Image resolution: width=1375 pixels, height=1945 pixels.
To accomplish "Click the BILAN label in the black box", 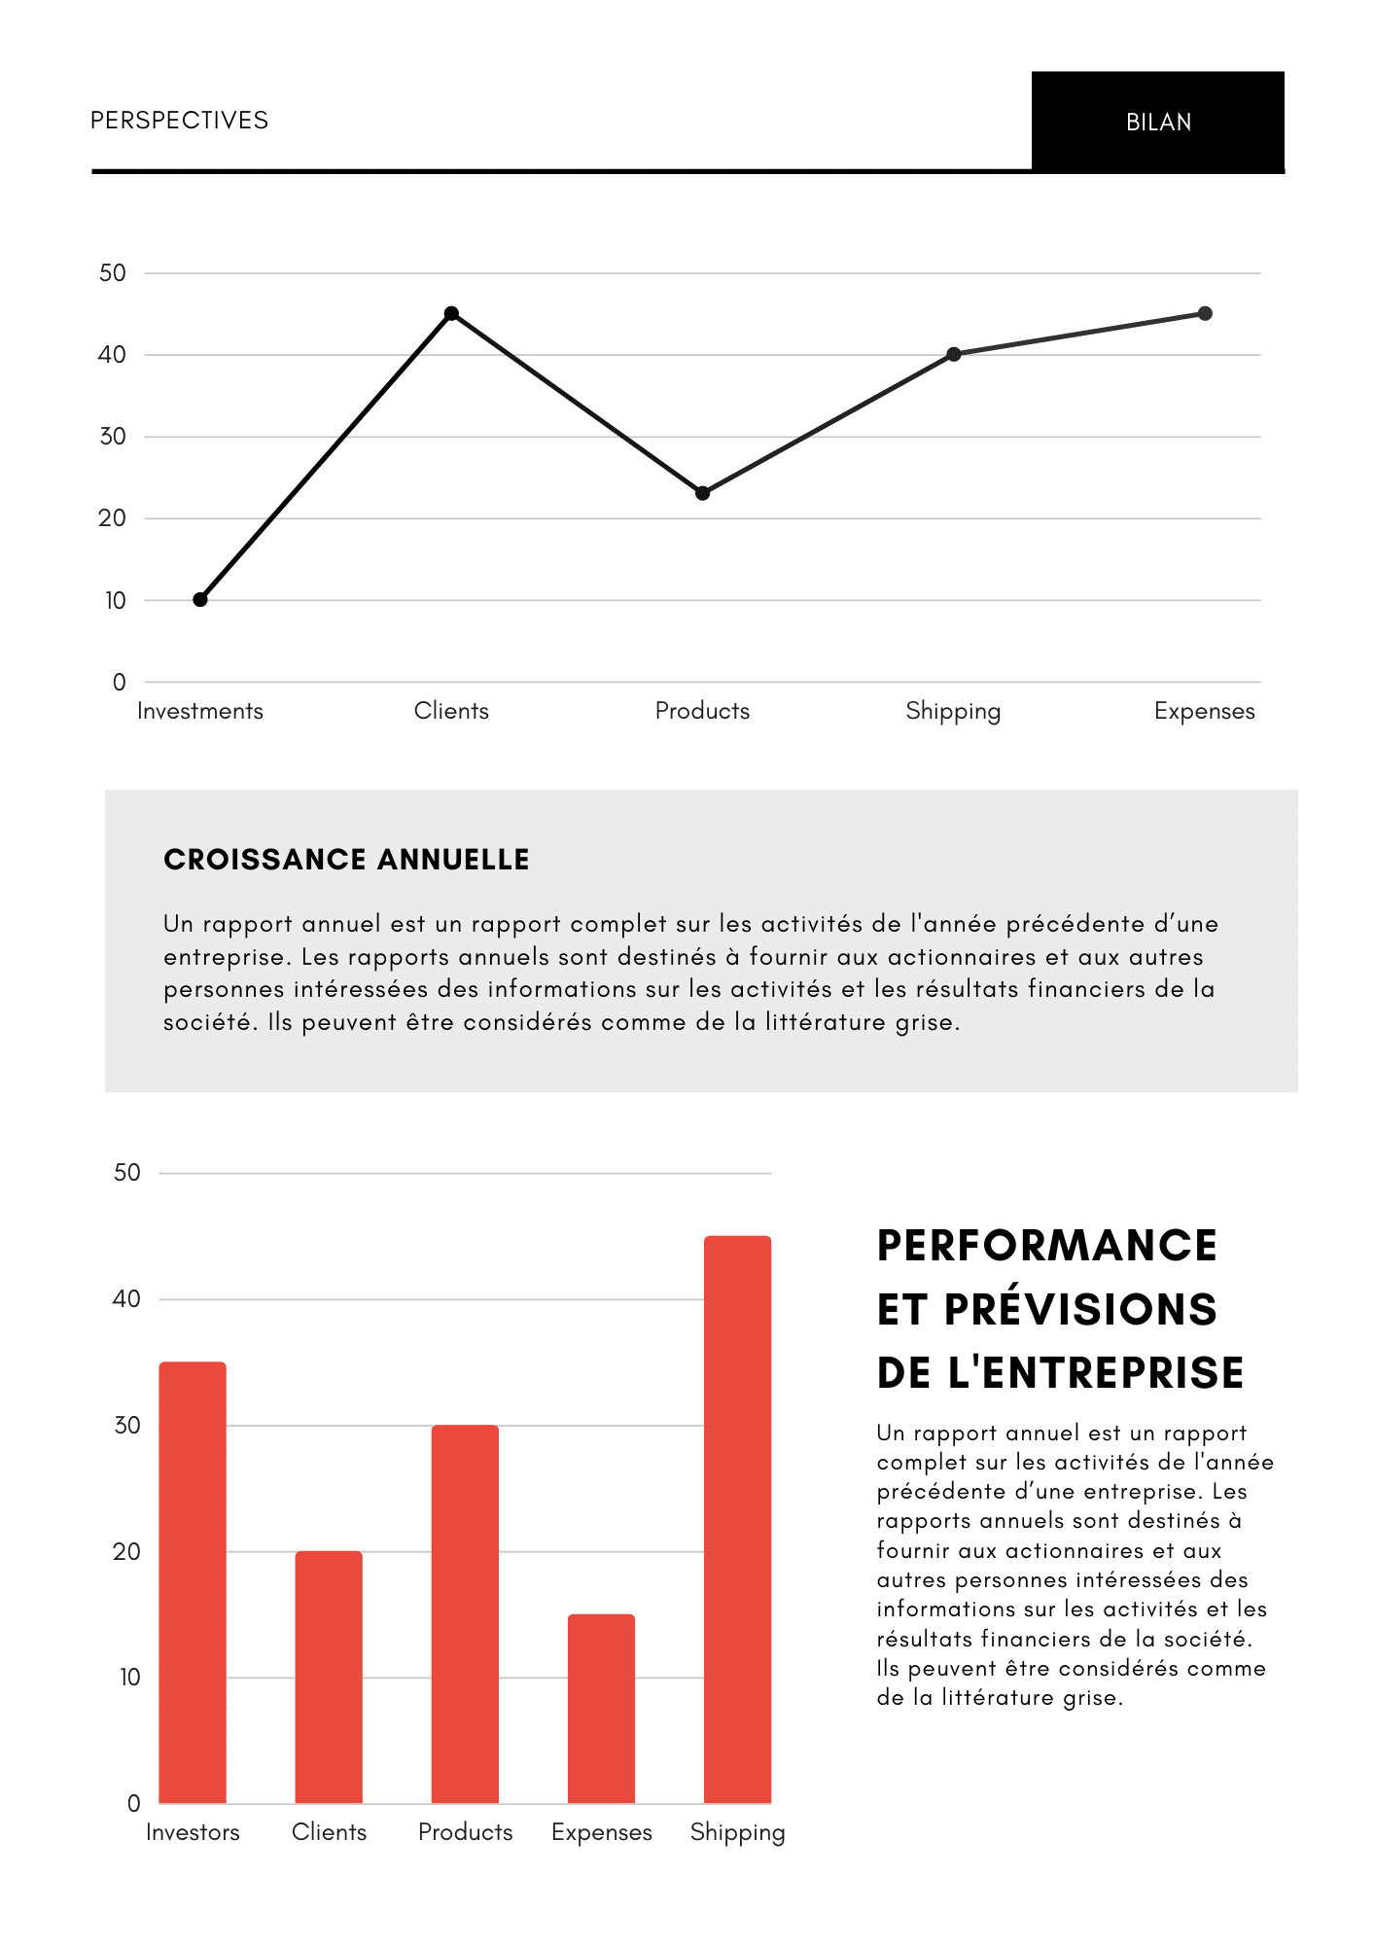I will point(1158,123).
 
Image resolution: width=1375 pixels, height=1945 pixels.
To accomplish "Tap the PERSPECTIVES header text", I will point(179,121).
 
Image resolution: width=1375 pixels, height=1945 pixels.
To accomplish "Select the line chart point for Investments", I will point(200,599).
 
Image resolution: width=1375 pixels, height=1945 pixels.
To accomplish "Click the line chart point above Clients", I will point(451,313).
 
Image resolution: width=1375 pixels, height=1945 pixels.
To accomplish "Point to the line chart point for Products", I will point(703,493).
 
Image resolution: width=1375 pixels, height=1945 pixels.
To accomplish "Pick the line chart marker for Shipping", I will point(954,354).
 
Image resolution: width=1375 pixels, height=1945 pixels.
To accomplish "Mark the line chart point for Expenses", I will point(1205,313).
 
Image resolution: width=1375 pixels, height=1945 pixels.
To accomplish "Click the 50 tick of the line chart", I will point(113,273).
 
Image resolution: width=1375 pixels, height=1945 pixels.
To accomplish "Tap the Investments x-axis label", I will point(200,711).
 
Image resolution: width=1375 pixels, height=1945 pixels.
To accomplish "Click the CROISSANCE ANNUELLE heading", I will point(346,860).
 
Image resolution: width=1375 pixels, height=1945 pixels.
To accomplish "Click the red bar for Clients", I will point(329,1677).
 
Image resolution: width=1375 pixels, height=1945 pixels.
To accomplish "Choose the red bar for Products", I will point(465,1613).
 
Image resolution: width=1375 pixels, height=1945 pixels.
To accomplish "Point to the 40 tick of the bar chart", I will point(126,1299).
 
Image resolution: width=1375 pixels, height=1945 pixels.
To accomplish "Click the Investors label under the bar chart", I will point(193,1832).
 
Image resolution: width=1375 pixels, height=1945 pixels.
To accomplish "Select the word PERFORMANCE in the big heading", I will point(1046,1246).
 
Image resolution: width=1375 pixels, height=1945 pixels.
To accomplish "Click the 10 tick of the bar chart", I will point(129,1678).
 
